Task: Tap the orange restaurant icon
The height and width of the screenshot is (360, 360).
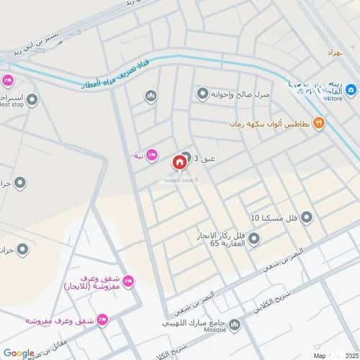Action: pos(320,124)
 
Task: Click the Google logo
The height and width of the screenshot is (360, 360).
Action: pos(18,353)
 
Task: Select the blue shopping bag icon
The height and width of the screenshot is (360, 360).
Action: pos(351,90)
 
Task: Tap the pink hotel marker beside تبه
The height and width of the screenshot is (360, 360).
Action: pos(151,155)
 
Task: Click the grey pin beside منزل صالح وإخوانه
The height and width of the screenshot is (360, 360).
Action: pos(202,94)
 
